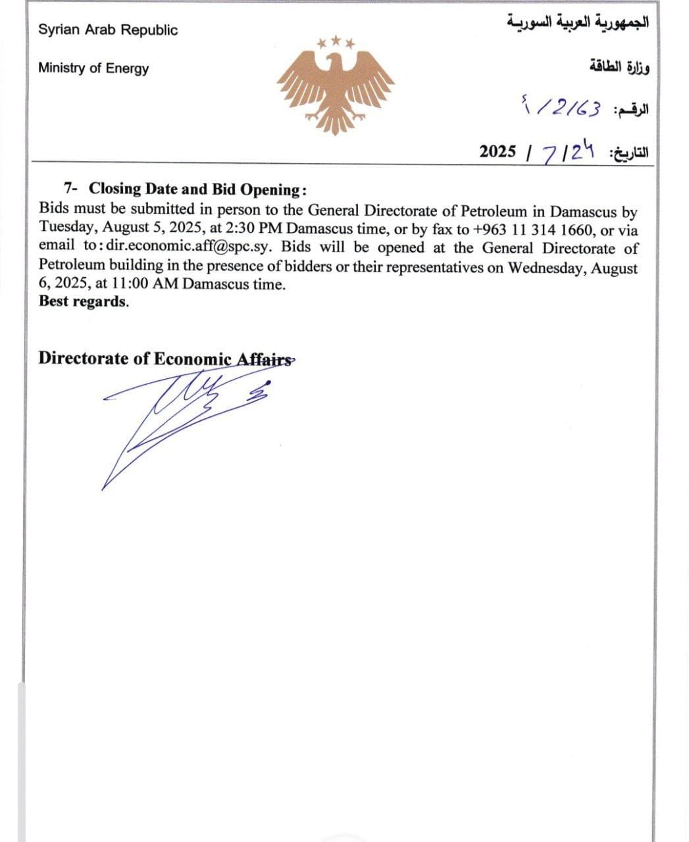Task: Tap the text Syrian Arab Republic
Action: [108, 30]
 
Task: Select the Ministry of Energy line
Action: [93, 68]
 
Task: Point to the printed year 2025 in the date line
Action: [498, 151]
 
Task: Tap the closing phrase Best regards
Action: [84, 301]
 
